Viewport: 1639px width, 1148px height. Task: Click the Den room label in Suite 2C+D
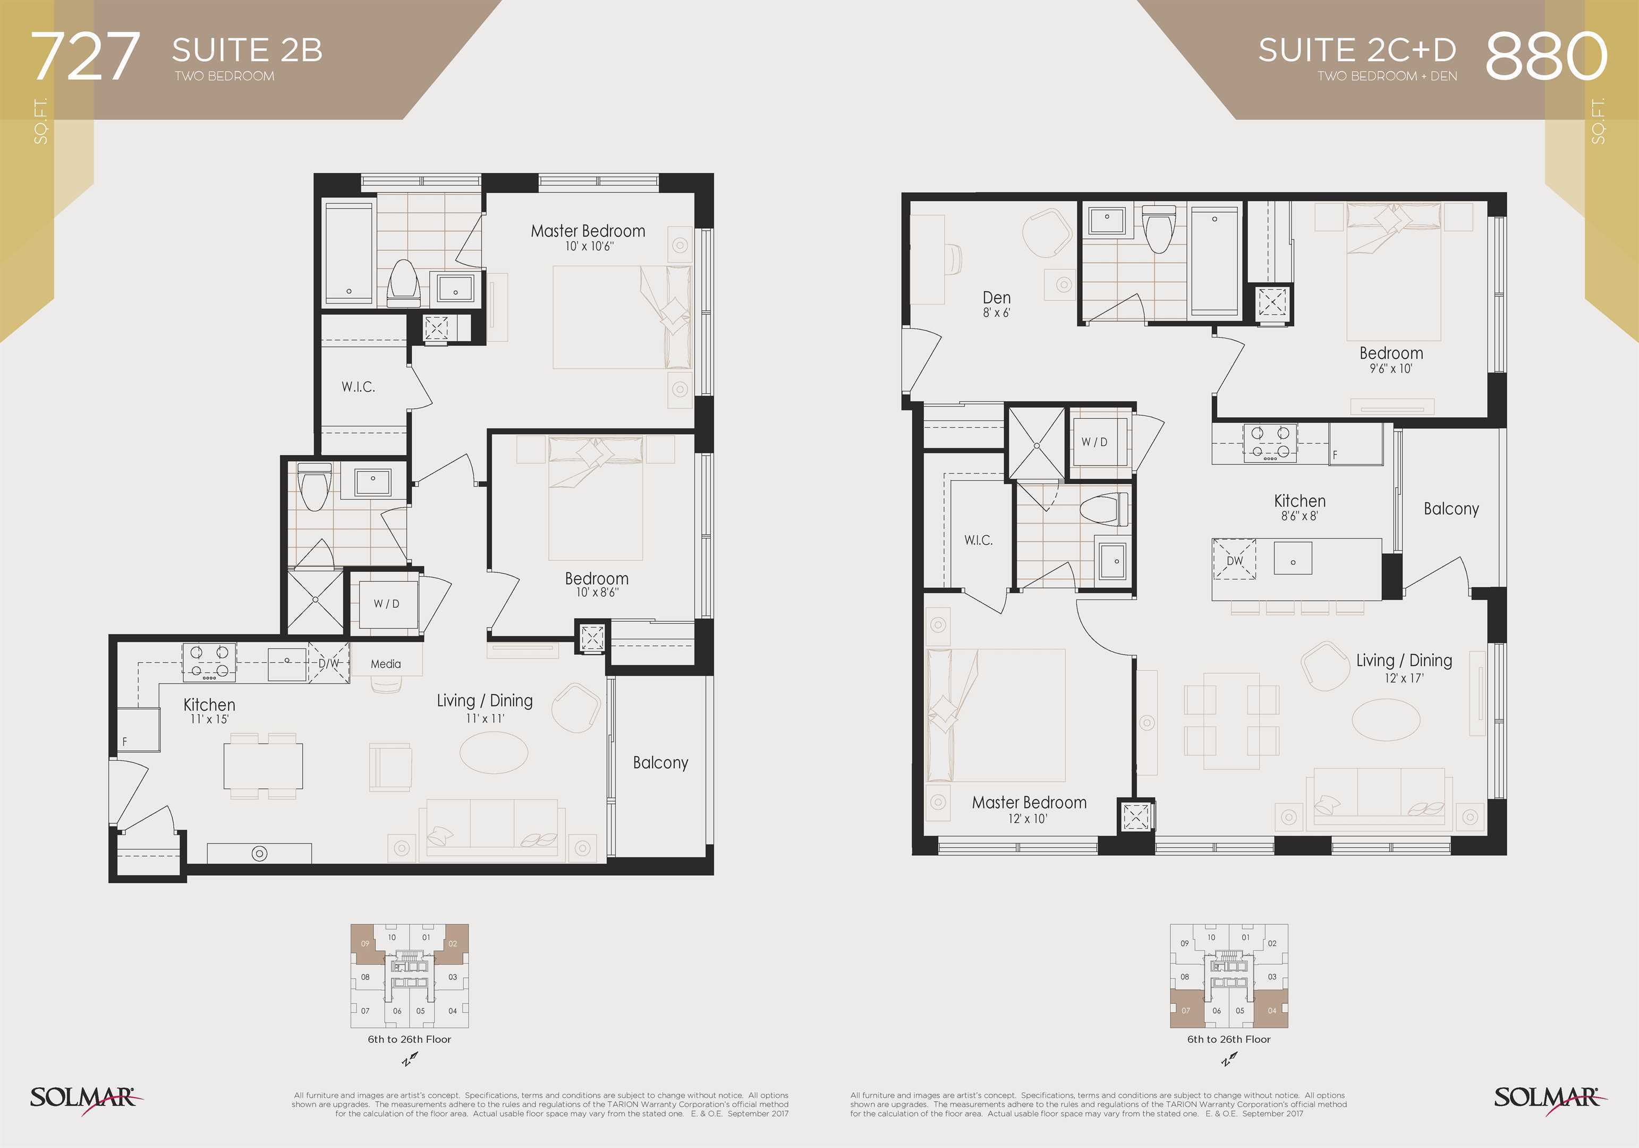click(997, 298)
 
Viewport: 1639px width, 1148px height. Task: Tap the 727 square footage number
click(85, 56)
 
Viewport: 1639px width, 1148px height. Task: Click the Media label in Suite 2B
click(386, 664)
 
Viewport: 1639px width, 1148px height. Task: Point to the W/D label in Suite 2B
click(386, 604)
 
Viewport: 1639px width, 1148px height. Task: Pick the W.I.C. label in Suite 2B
click(358, 387)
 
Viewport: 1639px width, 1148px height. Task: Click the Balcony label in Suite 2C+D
click(1451, 509)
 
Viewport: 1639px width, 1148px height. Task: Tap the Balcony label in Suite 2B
click(660, 763)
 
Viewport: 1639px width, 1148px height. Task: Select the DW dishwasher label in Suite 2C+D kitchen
click(1234, 561)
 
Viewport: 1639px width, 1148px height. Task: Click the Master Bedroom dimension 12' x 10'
click(1028, 819)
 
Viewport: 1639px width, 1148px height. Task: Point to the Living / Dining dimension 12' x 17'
click(1404, 678)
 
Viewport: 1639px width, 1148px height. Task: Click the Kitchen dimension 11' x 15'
click(209, 720)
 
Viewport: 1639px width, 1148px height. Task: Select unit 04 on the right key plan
click(1272, 1011)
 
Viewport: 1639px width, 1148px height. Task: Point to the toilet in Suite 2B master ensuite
click(403, 283)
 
